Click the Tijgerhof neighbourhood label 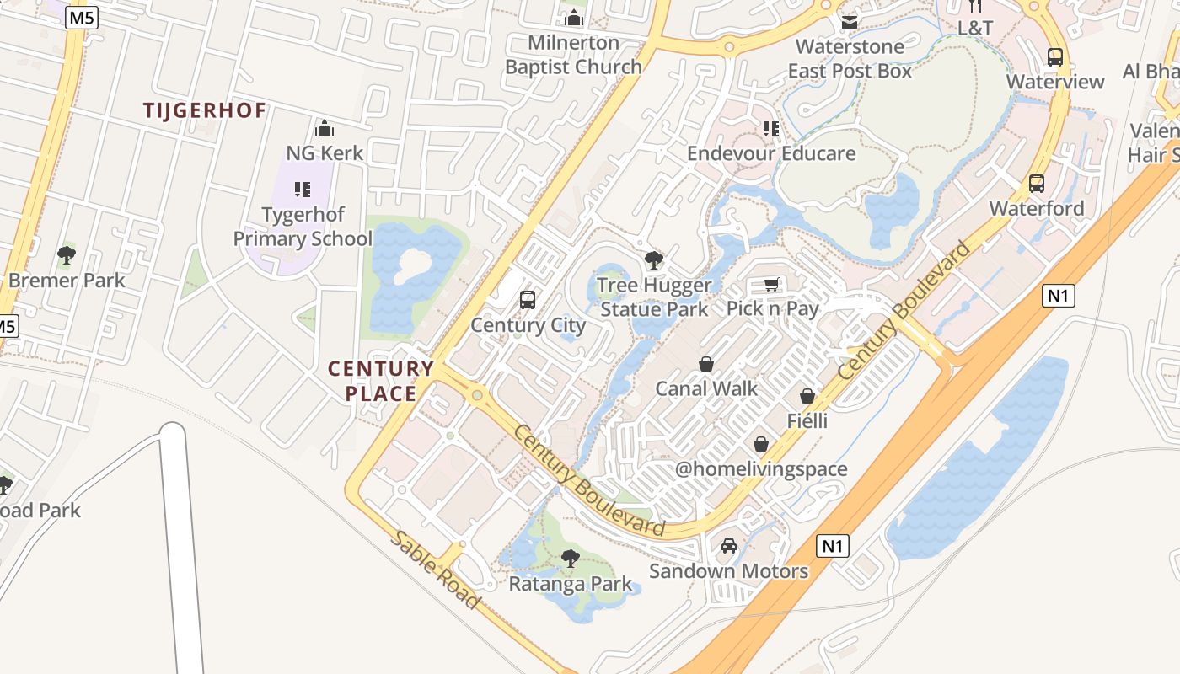[204, 110]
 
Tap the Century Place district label [381, 381]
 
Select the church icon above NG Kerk [324, 129]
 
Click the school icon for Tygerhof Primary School [303, 190]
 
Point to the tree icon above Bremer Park [67, 255]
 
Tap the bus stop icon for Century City [528, 299]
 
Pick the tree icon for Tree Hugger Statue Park [654, 260]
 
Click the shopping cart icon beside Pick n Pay [772, 284]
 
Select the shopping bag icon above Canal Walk [706, 364]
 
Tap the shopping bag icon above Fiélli [807, 396]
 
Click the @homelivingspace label [761, 469]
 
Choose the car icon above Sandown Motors [729, 546]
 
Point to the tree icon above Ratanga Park [571, 558]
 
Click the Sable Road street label [434, 570]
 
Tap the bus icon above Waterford [1037, 184]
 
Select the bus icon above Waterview [1055, 57]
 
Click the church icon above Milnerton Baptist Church [574, 18]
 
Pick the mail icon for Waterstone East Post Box [850, 22]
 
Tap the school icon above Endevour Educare [771, 129]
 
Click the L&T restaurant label [975, 27]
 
